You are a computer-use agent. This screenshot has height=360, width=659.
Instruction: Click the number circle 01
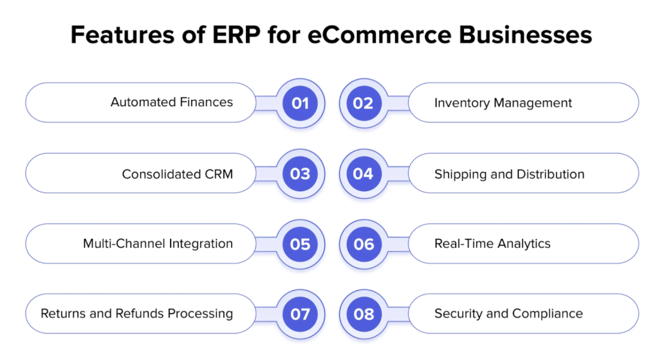(x=300, y=103)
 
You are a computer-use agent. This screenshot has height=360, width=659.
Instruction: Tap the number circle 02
(x=364, y=103)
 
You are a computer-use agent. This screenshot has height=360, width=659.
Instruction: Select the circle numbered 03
(x=300, y=174)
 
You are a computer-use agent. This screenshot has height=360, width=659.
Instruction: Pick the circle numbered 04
(x=364, y=174)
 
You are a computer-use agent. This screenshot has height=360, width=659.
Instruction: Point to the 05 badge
(x=300, y=244)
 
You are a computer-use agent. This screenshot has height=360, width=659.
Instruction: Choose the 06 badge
(x=364, y=244)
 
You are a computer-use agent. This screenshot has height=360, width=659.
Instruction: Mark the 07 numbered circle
(x=300, y=314)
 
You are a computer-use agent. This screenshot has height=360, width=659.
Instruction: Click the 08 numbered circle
(x=364, y=314)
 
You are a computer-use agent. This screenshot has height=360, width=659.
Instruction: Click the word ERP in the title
(x=237, y=35)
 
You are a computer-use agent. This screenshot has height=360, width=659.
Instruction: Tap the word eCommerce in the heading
(x=380, y=35)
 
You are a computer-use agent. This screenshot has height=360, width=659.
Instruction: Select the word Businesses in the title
(x=525, y=35)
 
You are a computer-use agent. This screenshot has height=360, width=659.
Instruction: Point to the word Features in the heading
(x=122, y=35)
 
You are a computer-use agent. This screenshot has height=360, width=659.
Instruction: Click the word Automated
(x=144, y=102)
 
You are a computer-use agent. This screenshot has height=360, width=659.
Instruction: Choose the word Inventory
(x=462, y=103)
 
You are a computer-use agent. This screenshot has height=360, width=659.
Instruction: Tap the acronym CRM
(x=219, y=174)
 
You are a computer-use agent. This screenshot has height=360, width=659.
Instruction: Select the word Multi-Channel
(x=124, y=243)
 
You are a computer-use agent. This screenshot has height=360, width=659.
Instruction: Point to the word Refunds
(x=140, y=314)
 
